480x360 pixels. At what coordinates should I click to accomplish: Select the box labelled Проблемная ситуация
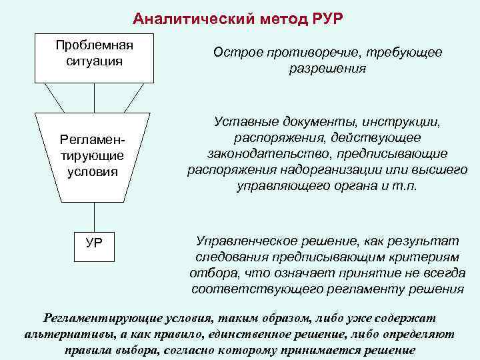click(x=95, y=53)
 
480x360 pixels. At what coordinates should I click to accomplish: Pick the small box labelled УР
click(x=95, y=242)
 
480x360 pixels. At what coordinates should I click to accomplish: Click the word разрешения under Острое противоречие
click(x=327, y=69)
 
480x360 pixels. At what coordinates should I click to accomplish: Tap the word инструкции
click(x=405, y=123)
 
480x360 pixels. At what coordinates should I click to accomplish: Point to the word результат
click(x=441, y=241)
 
